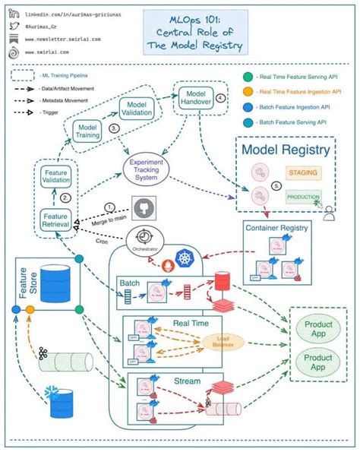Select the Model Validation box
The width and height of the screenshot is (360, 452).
pos(137,109)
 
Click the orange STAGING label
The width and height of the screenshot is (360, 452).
pos(303,173)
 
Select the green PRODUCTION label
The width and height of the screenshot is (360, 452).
pos(304,196)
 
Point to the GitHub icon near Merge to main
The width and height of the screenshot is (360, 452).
pos(141,209)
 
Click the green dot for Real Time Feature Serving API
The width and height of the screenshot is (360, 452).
pos(248,75)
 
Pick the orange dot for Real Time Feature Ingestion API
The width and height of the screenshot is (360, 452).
pos(248,91)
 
